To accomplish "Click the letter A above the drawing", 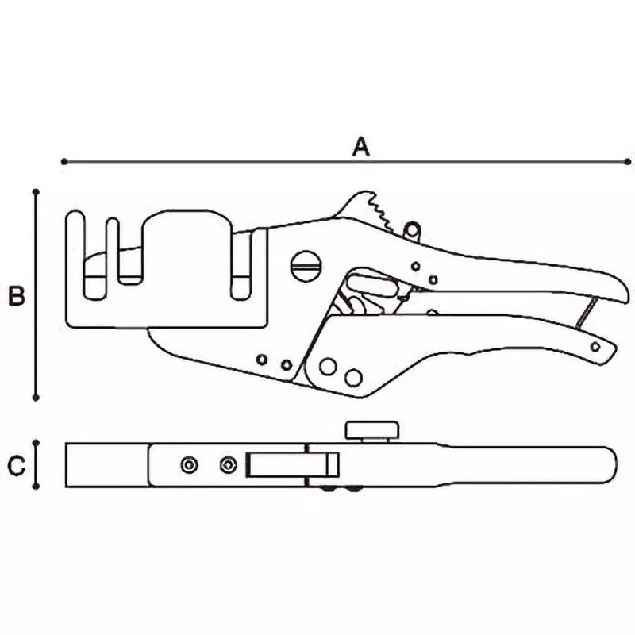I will coord(361,146).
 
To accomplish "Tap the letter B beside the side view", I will coord(16,297).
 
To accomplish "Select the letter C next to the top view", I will coord(17,465).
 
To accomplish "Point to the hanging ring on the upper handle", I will coord(410,229).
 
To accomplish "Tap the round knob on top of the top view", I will coord(371,431).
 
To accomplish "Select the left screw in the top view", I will coord(189,465).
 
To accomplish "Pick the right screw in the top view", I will coord(229,465).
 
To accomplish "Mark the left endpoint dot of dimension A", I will coord(63,162).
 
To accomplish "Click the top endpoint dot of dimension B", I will coord(36,191).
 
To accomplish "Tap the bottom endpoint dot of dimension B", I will coord(36,397).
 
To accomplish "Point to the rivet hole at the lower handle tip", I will coord(595,346).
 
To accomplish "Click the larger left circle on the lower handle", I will coord(326,367).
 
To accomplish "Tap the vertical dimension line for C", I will coord(36,465).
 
